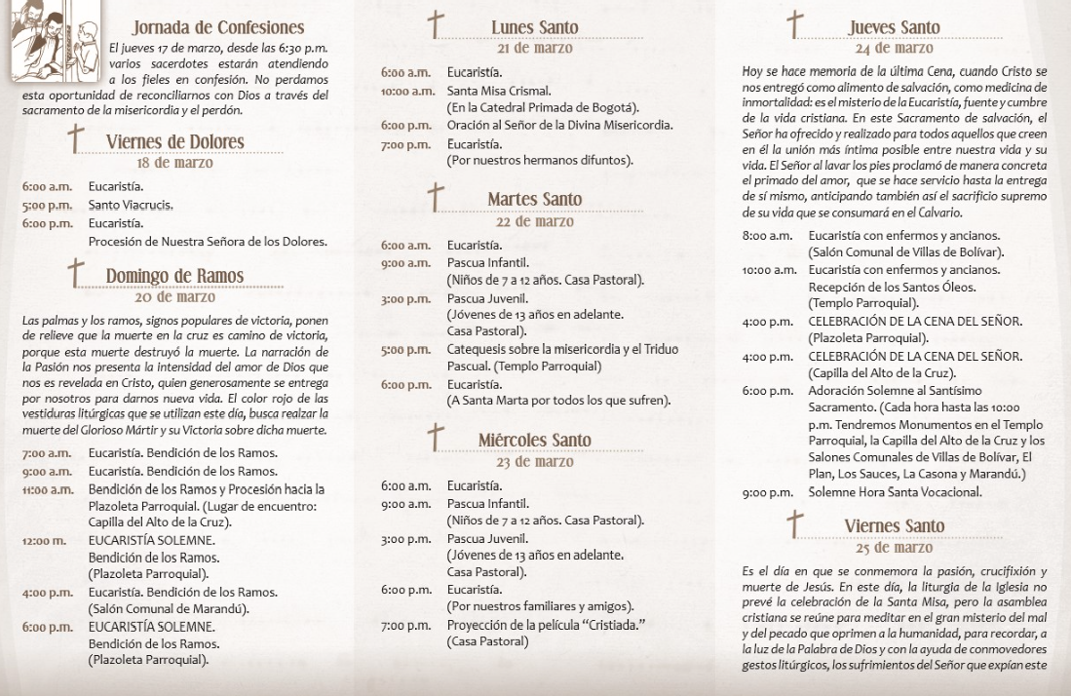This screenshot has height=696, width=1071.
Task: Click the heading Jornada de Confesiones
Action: [x=218, y=27]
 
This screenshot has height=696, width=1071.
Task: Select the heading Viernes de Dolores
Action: [x=174, y=142]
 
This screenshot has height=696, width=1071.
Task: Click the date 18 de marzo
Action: [x=175, y=163]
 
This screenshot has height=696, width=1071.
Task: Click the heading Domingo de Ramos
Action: [x=174, y=276]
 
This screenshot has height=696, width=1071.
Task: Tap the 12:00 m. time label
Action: [x=44, y=541]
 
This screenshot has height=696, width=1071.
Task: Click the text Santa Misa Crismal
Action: [x=493, y=91]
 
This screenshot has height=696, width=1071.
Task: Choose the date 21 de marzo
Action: [x=535, y=48]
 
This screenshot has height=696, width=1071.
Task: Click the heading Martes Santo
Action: [x=534, y=200]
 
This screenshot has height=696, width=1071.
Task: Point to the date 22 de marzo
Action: [x=534, y=221]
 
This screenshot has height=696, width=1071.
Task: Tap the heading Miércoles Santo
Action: [x=534, y=440]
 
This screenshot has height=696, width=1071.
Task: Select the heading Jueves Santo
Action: [x=894, y=27]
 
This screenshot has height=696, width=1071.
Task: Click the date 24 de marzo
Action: [x=894, y=48]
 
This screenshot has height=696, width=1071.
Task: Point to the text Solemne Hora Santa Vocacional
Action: [x=895, y=492]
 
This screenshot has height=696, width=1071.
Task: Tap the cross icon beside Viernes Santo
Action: [x=796, y=523]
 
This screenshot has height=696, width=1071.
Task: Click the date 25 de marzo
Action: [x=894, y=547]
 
